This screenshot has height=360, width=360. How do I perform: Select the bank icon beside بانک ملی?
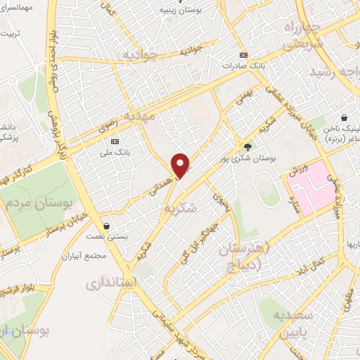pos(115,141)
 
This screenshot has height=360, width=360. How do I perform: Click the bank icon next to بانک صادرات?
pos(243,55)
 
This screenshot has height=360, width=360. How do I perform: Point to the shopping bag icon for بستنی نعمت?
pos(105,226)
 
